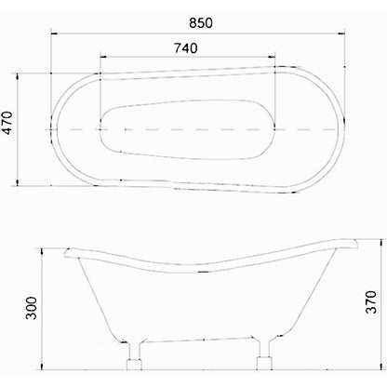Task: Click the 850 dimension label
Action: [201, 23]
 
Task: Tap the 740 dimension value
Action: [185, 48]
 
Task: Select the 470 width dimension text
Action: [7, 123]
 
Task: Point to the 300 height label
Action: [31, 308]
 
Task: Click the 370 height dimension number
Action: [371, 301]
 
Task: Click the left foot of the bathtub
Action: [134, 356]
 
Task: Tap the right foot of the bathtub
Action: [264, 355]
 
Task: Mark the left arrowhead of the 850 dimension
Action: [55, 33]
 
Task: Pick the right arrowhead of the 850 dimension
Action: [341, 33]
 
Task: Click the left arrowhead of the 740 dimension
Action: [103, 57]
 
